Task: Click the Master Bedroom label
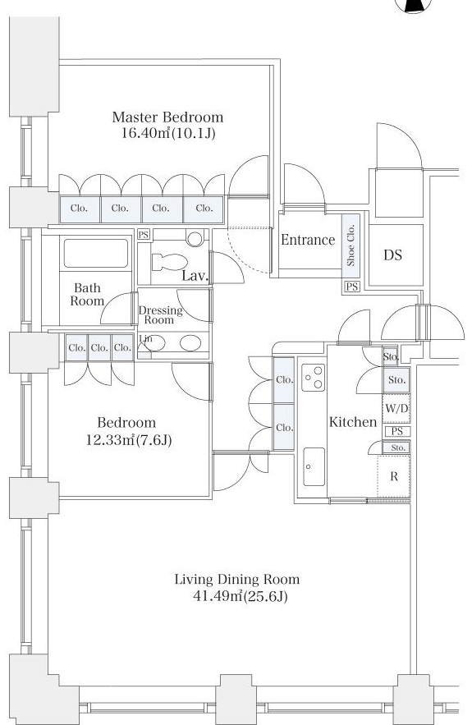[167, 117]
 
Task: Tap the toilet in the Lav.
[170, 262]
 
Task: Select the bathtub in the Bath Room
[96, 254]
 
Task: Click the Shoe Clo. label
[351, 245]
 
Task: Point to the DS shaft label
[392, 255]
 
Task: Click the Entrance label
[308, 240]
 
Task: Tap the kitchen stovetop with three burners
[314, 378]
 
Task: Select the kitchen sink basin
[314, 466]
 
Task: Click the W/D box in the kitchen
[396, 409]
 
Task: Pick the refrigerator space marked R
[394, 476]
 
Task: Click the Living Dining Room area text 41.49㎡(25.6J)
[240, 596]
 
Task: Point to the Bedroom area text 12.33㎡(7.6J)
[129, 440]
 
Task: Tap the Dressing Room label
[160, 314]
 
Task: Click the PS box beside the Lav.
[144, 235]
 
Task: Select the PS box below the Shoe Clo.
[352, 287]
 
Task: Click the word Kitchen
[353, 422]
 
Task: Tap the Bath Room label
[87, 295]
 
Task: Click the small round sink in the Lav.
[195, 238]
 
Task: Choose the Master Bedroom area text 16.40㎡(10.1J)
[168, 134]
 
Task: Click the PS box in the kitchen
[397, 431]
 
